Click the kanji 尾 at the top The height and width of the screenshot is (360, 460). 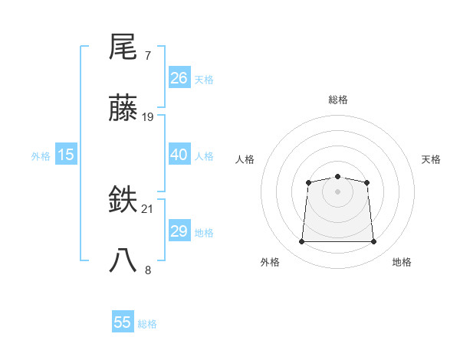click(123, 47)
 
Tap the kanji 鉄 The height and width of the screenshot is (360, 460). click(123, 201)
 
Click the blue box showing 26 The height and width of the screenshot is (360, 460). click(179, 78)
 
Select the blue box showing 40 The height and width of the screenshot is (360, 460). click(179, 155)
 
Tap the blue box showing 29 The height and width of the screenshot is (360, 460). click(179, 231)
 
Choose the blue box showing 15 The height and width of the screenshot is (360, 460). click(66, 155)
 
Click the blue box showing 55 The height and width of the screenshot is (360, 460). click(123, 322)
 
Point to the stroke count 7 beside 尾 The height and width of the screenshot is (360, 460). click(147, 56)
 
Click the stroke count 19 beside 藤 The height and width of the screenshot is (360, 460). click(148, 117)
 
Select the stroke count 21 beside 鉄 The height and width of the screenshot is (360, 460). click(148, 209)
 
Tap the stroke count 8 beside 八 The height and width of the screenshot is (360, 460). click(147, 270)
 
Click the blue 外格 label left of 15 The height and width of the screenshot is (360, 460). click(41, 155)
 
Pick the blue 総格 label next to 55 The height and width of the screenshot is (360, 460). click(147, 324)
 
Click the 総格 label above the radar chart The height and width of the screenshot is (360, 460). click(337, 100)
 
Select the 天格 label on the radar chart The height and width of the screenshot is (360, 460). click(431, 159)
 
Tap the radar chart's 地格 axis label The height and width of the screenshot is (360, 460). click(402, 262)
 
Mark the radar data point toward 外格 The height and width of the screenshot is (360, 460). click(301, 242)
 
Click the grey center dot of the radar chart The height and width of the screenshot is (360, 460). click(337, 191)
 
